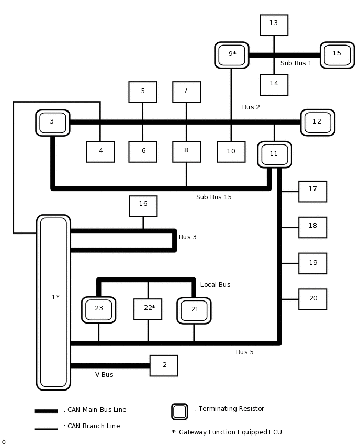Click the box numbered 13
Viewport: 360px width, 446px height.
pyautogui.click(x=274, y=25)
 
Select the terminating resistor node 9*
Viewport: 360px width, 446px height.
pyautogui.click(x=231, y=55)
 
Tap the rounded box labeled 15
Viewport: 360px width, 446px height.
pyautogui.click(x=337, y=55)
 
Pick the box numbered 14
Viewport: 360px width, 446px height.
pyautogui.click(x=274, y=85)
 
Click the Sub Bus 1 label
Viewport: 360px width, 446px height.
pyautogui.click(x=296, y=63)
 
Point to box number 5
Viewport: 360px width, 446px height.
pyautogui.click(x=142, y=92)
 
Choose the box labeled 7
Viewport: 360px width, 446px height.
pyautogui.click(x=186, y=92)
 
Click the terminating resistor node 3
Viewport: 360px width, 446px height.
pyautogui.click(x=52, y=122)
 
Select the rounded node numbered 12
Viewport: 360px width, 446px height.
pyautogui.click(x=317, y=122)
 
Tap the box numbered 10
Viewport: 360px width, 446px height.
pyautogui.click(x=231, y=152)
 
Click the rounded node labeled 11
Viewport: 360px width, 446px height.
pyautogui.click(x=274, y=154)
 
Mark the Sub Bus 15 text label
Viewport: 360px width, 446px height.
pyautogui.click(x=213, y=197)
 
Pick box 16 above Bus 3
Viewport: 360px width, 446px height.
pyautogui.click(x=143, y=206)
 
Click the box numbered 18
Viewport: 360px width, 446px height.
pyautogui.click(x=312, y=227)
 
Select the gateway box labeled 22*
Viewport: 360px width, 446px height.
pyautogui.click(x=148, y=309)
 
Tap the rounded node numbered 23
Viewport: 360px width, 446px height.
pyautogui.click(x=98, y=310)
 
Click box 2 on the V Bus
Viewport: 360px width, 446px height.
pyautogui.click(x=164, y=365)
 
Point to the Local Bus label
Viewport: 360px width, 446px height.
pyautogui.click(x=215, y=285)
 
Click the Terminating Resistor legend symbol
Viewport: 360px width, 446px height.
pyautogui.click(x=179, y=411)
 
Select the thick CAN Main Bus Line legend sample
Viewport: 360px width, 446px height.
pyautogui.click(x=46, y=411)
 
